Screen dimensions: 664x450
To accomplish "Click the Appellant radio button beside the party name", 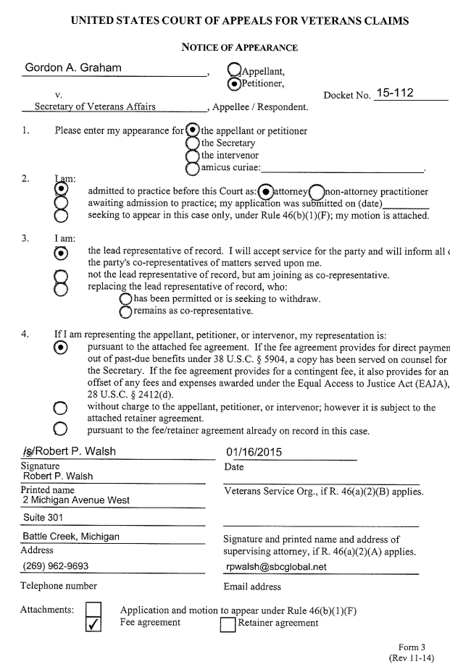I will pos(234,70).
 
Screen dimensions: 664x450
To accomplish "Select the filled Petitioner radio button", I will pos(234,83).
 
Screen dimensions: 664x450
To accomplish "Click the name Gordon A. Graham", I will pos(72,67).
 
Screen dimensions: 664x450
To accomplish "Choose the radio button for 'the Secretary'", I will pos(193,143).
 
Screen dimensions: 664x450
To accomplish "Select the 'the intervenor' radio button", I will pos(193,156).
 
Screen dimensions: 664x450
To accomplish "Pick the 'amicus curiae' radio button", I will pos(193,169).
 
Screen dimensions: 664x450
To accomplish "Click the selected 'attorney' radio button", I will pos(267,192).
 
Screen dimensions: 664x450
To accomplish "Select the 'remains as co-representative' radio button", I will pos(126,312).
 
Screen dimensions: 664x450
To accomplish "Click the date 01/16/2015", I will pos(254,453).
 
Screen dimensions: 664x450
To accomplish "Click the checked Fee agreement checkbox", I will pos(94,623).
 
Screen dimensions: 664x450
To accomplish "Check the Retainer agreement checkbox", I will pos(228,623).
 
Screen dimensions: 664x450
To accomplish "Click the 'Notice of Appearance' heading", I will pos(239,48).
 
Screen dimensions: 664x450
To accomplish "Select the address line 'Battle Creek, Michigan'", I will pos(71,537).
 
